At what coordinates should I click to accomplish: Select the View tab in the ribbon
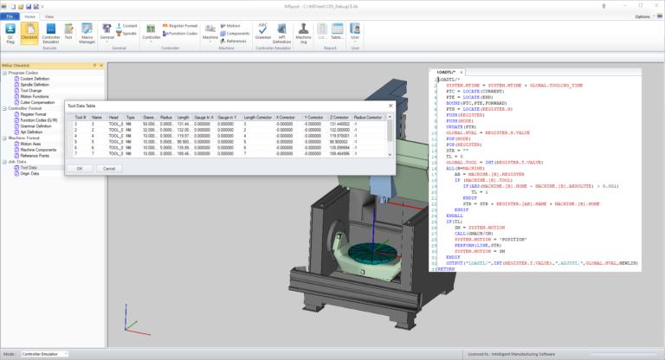48,16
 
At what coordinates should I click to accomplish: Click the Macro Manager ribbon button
88,34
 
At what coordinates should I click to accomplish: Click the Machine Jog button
303,34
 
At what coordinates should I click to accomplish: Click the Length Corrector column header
258,117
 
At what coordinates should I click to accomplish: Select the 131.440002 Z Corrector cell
341,124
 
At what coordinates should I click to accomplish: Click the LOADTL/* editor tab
448,73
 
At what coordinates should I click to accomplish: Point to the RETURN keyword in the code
447,269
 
